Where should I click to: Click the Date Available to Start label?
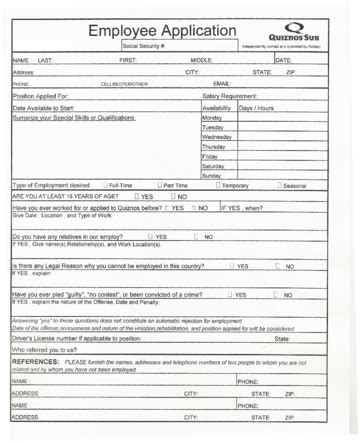(x=50, y=120)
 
